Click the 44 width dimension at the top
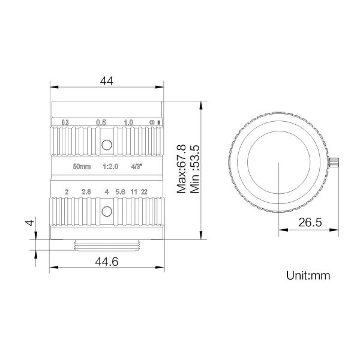107,81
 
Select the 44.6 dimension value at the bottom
107,262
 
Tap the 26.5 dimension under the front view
310,222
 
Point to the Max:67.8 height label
181,169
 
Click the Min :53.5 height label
195,169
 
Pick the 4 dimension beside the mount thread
30,223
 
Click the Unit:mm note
308,275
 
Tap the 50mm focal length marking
82,166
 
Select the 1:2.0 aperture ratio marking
110,166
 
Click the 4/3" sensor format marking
136,166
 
